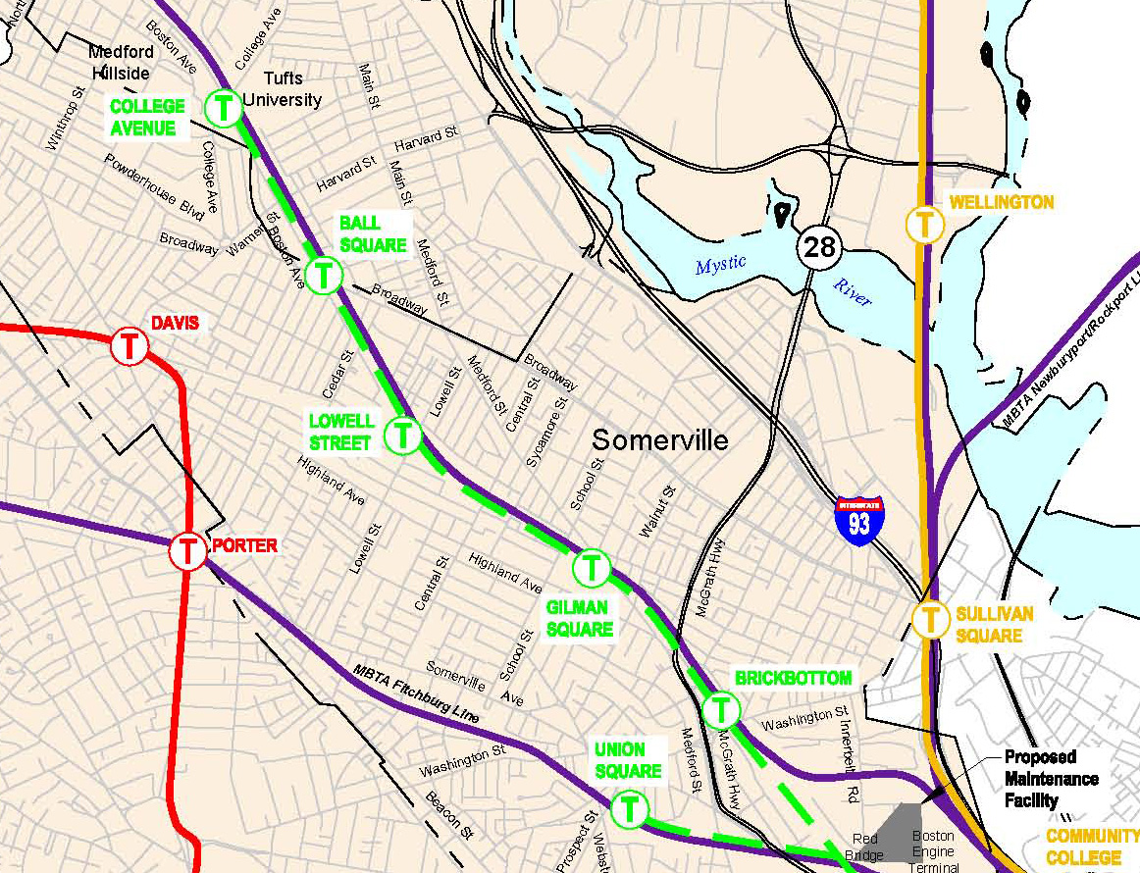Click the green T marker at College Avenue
pos(225,107)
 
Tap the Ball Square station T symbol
pos(323,276)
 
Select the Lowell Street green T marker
pos(402,435)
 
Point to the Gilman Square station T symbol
pos(591,566)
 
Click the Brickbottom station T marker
pos(721,708)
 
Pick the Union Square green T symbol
pos(630,809)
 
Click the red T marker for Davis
pos(129,345)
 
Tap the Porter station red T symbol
pos(186,550)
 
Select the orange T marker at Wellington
pos(924,224)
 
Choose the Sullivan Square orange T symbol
pos(929,619)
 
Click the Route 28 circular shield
pos(818,245)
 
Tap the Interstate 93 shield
pos(858,521)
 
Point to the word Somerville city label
pos(660,440)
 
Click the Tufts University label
pos(283,89)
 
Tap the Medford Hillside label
pos(121,63)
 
